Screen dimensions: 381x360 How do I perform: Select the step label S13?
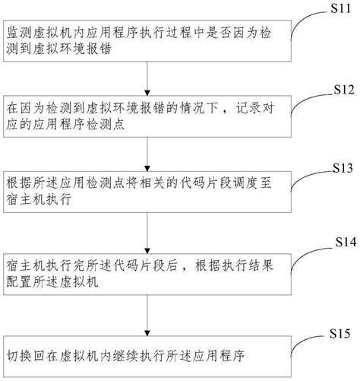[x=336, y=167]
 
